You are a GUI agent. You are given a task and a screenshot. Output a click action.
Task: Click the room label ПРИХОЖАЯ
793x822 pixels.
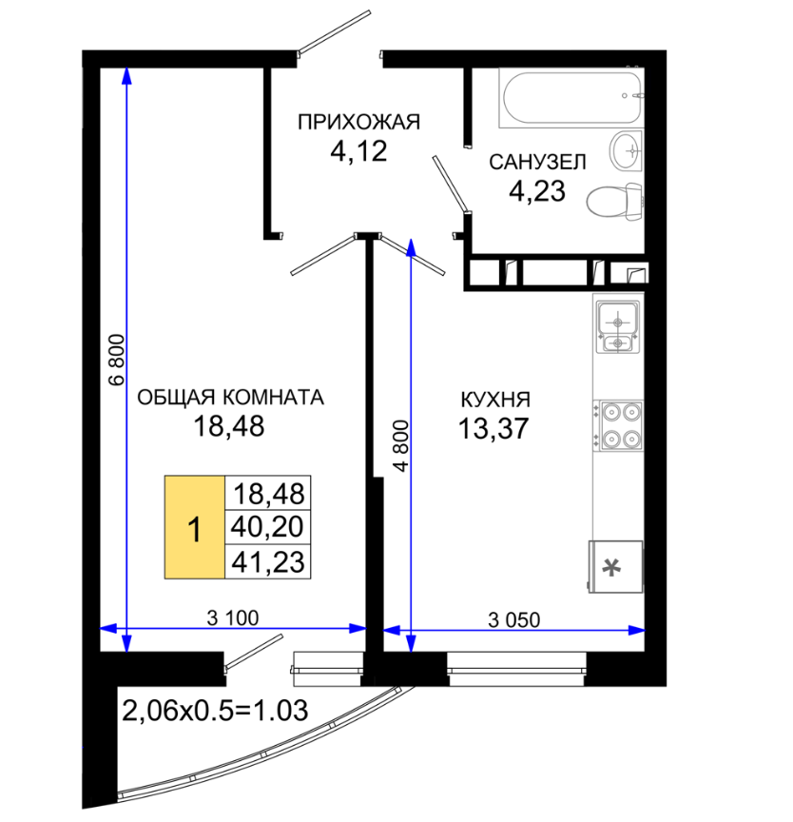(358, 122)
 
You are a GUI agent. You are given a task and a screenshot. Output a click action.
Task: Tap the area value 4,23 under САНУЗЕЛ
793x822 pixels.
(537, 191)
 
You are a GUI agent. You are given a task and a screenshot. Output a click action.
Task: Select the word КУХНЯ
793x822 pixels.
(495, 400)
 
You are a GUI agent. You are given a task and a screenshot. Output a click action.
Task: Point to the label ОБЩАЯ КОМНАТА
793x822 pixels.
(230, 398)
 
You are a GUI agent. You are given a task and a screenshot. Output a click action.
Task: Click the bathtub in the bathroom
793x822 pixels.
(571, 97)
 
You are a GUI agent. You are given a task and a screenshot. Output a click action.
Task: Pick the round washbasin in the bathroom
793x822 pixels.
(626, 150)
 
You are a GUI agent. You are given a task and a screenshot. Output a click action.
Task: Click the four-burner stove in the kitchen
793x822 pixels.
(618, 425)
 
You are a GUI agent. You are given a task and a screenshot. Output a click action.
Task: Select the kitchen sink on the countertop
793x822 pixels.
(618, 327)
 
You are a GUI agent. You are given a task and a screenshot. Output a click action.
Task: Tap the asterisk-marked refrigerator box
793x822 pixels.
(615, 567)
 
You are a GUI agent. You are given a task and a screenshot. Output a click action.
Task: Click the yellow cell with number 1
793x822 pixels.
(195, 527)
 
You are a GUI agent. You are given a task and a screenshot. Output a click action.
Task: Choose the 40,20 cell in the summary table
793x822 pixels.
(267, 526)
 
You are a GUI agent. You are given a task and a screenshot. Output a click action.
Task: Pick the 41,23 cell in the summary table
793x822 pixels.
(267, 561)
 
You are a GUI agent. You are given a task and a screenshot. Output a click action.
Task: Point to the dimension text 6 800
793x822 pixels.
(118, 360)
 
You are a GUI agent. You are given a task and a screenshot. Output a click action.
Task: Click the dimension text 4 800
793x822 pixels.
(401, 445)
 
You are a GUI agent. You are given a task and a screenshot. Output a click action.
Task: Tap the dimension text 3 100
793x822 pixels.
(233, 618)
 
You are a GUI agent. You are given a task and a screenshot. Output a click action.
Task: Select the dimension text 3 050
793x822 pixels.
(513, 620)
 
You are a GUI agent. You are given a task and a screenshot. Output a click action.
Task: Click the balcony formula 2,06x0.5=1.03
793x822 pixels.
(215, 711)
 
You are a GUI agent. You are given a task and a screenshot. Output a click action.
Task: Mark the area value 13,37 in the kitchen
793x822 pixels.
(493, 428)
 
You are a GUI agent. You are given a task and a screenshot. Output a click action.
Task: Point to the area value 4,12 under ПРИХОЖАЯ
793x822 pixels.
(358, 151)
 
